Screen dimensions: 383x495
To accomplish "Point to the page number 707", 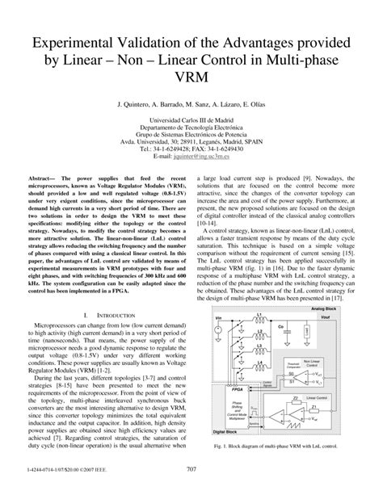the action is [x=191, y=469].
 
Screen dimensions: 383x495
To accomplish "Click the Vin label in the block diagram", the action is [x=217, y=319].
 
